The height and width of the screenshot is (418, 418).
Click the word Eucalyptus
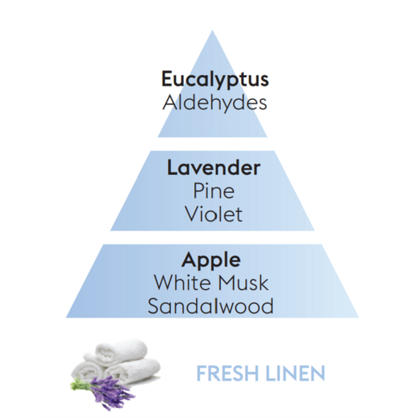(x=215, y=80)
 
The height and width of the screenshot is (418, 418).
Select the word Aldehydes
(x=215, y=103)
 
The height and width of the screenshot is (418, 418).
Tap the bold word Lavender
(x=213, y=168)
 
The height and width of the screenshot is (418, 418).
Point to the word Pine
(x=214, y=191)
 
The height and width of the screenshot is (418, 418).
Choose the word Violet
(x=214, y=214)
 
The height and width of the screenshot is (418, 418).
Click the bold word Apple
(x=211, y=260)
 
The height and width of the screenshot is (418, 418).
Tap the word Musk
(x=243, y=283)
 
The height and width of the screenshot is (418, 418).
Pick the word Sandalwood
(x=210, y=306)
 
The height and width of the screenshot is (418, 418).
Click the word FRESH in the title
(x=227, y=373)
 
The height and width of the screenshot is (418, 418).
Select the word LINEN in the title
(x=295, y=373)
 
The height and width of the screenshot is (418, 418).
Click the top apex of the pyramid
(x=213, y=30)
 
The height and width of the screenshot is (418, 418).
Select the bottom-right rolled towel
(x=133, y=371)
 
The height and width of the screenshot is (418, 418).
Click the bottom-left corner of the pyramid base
(x=66, y=317)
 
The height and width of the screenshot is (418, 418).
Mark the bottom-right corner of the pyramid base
(x=358, y=317)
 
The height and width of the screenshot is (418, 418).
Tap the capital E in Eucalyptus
(x=167, y=79)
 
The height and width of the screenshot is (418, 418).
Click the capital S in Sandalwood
(x=154, y=306)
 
